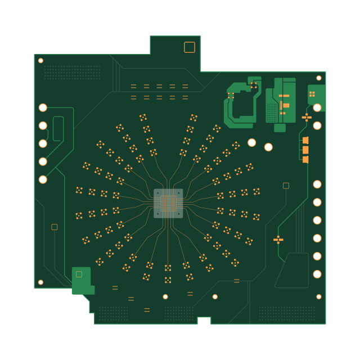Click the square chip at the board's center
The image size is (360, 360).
click(x=168, y=203)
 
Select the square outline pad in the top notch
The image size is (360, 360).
click(x=190, y=47)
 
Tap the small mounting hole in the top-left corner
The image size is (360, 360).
click(x=40, y=61)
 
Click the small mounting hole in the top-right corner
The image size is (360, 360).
click(x=319, y=78)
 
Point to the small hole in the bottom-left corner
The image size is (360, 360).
click(x=40, y=282)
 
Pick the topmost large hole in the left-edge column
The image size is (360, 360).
click(x=43, y=107)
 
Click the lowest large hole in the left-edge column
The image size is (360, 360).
click(x=43, y=179)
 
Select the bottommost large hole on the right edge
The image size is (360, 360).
click(x=317, y=274)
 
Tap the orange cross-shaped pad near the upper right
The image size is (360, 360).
click(x=307, y=117)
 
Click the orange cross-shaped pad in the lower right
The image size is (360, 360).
click(x=278, y=240)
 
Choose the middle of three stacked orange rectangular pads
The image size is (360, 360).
click(x=305, y=150)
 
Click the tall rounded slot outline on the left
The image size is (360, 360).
click(x=58, y=128)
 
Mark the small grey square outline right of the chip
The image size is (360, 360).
click(x=286, y=186)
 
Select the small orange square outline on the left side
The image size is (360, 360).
click(x=55, y=227)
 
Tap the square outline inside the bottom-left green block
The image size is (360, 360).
click(x=79, y=274)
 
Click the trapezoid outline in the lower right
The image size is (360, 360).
click(x=292, y=271)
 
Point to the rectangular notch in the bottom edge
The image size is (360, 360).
click(x=204, y=321)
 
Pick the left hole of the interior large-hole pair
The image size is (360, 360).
click(x=251, y=142)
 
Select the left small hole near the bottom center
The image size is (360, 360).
click(x=165, y=296)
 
